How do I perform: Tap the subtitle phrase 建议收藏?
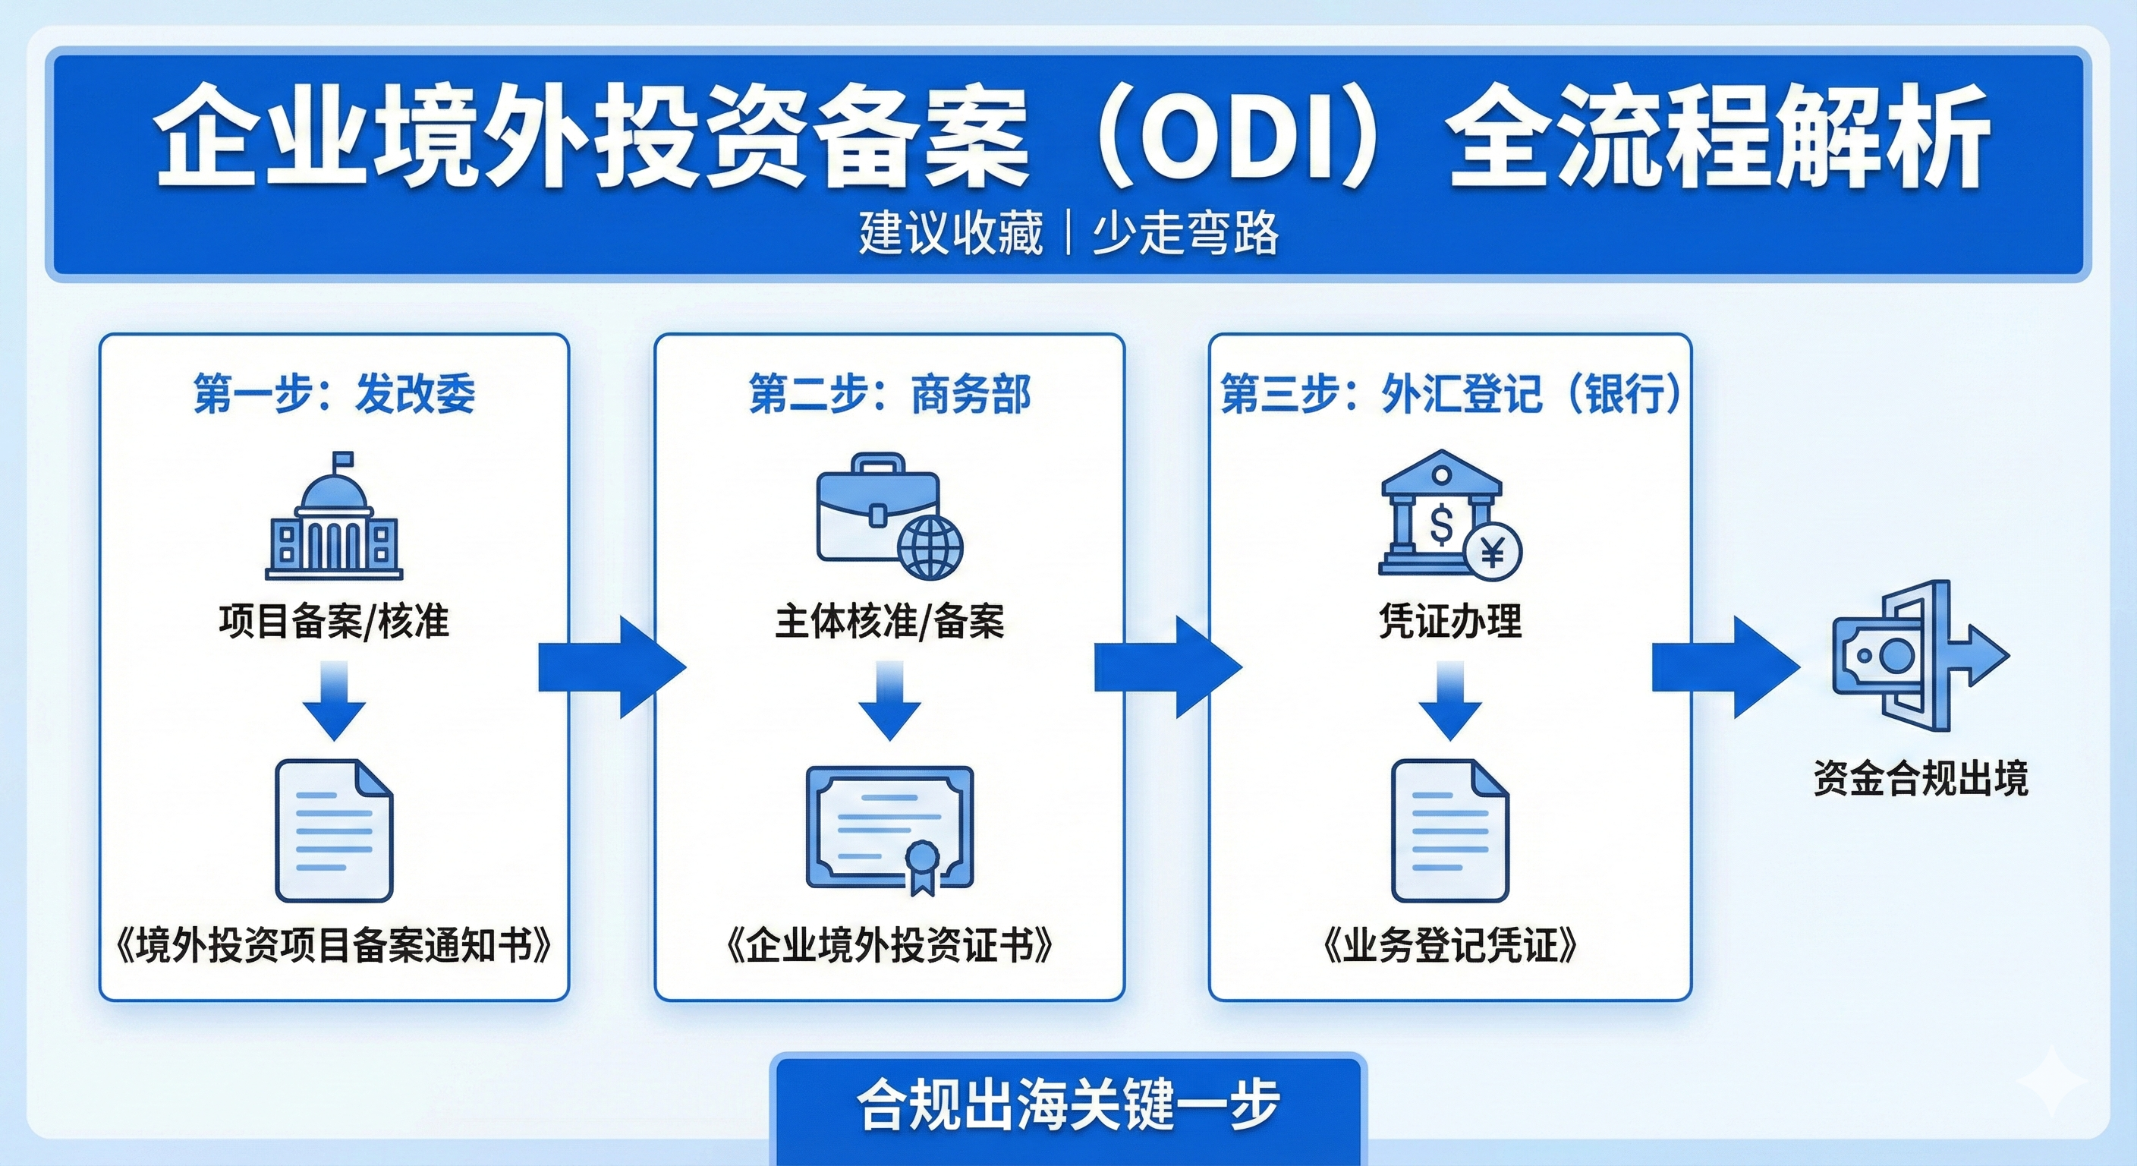pos(951,232)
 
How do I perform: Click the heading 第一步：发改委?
pos(335,393)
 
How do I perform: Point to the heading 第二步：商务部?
pos(889,393)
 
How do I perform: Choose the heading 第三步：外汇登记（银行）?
pos(1450,393)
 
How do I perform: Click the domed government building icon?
pos(333,518)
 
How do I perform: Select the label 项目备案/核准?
pos(335,621)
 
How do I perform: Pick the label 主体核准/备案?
pos(889,621)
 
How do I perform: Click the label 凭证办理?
pos(1450,621)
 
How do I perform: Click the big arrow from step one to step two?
pos(612,667)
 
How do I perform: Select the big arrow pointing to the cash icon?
pos(1726,667)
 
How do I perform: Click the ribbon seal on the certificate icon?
pos(921,863)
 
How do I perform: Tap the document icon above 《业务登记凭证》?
pos(1449,830)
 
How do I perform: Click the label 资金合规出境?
pos(1920,778)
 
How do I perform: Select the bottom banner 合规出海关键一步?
pos(1068,1105)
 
